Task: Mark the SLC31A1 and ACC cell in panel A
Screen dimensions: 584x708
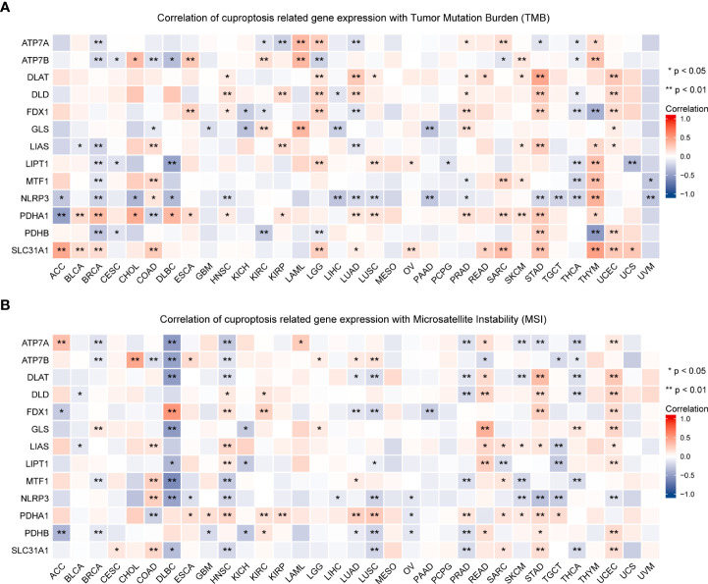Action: pos(62,249)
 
